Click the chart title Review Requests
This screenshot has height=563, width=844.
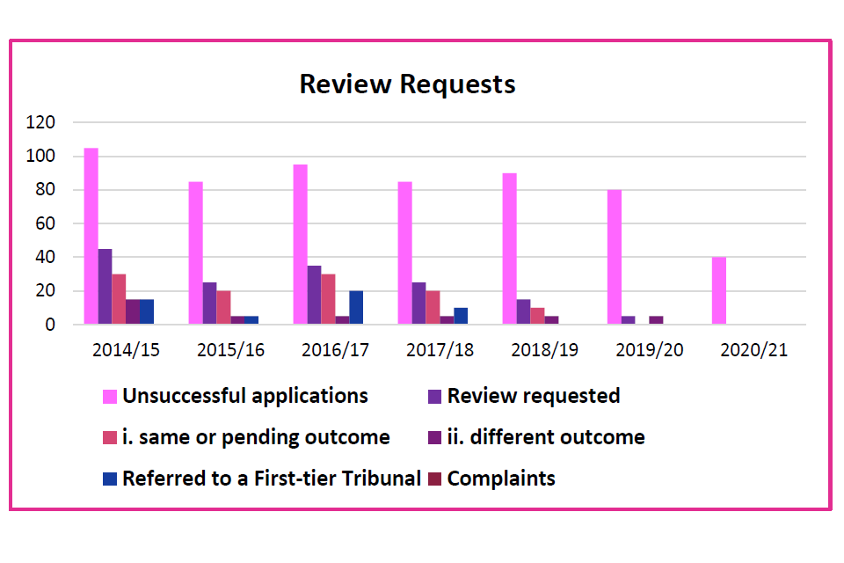click(x=407, y=84)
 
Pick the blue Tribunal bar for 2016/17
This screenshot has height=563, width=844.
click(x=356, y=307)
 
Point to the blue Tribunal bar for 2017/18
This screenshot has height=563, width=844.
click(x=461, y=316)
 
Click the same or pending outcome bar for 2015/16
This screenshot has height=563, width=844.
click(x=223, y=307)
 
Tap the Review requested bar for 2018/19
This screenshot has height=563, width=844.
click(x=523, y=311)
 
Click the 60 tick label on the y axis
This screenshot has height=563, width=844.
click(x=45, y=223)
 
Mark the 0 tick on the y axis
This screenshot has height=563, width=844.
click(x=50, y=325)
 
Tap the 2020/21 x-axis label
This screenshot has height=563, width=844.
click(x=753, y=350)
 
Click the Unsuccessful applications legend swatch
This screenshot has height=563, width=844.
click(x=110, y=397)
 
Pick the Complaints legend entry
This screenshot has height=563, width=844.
click(x=501, y=479)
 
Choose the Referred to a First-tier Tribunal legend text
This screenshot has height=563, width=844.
click(x=272, y=479)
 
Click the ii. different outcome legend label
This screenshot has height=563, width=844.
click(x=546, y=437)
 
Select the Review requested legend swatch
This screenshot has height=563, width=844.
click(x=434, y=397)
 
